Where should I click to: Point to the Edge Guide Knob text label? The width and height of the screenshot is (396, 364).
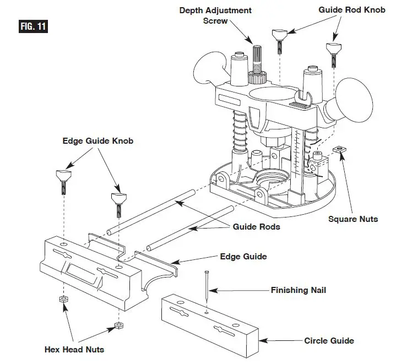[x=97, y=141]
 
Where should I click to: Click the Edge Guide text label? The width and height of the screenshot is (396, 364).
[x=243, y=256]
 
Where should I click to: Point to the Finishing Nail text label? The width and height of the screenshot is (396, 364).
[x=299, y=289]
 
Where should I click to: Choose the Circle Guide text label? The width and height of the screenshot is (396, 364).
[x=329, y=340]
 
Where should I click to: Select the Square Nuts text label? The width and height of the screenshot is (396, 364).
[x=353, y=219]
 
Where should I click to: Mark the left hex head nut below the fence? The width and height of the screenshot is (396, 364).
[x=63, y=299]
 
